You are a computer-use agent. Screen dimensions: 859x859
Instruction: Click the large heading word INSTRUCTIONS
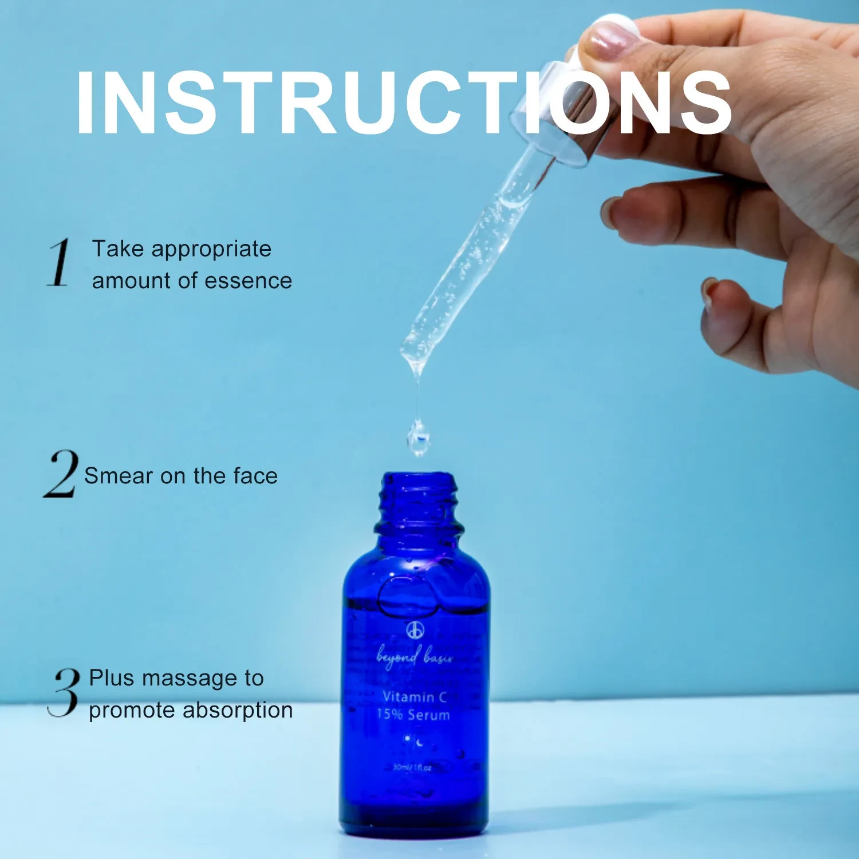(x=404, y=103)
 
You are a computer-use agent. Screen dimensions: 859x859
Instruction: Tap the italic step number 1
(x=59, y=263)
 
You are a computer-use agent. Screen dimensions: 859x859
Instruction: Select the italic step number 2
(x=61, y=474)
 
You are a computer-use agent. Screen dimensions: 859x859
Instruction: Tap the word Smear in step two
(x=119, y=476)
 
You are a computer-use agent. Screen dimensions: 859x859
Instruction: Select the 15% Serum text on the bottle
(x=413, y=715)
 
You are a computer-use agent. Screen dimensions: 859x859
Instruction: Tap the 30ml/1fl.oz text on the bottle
(x=412, y=767)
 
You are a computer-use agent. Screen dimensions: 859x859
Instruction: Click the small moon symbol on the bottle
(x=420, y=743)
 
